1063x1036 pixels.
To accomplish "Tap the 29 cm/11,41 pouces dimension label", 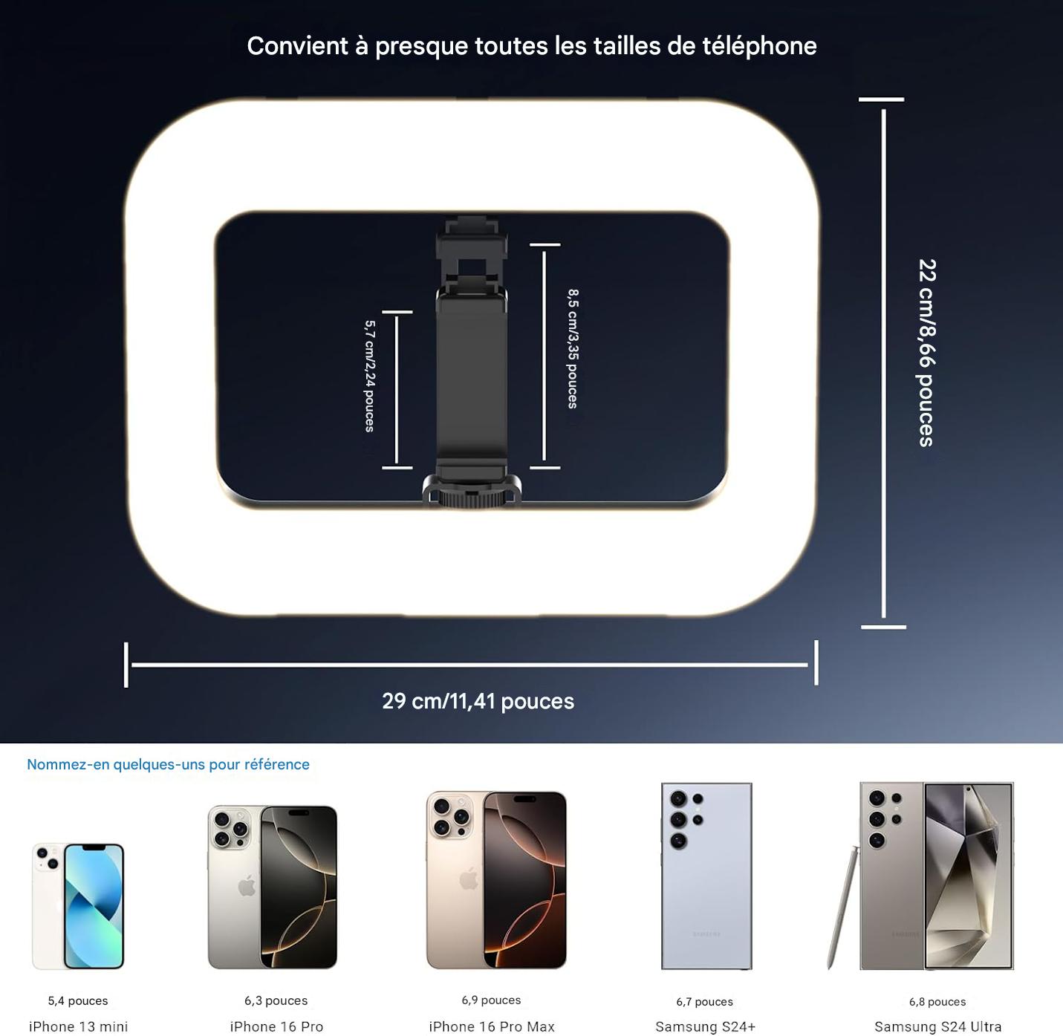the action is click(478, 701).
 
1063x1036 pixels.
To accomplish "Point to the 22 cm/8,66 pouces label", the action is click(927, 353).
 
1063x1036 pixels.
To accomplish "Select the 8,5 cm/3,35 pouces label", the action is click(573, 349).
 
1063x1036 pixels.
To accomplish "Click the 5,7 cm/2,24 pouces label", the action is click(370, 377).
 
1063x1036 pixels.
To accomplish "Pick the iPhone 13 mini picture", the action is click(78, 906).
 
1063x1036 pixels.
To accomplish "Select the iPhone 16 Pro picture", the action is click(272, 887).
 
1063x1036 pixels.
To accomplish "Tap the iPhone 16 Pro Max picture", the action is click(496, 880).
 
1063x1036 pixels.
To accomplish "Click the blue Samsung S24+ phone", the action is click(706, 876).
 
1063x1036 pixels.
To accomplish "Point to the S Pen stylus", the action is click(842, 907).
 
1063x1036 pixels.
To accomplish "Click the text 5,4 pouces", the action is click(78, 1000).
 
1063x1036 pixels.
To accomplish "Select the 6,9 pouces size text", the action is click(491, 1000).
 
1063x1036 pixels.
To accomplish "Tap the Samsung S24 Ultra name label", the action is click(938, 1026).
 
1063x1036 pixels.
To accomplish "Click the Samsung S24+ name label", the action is click(705, 1026).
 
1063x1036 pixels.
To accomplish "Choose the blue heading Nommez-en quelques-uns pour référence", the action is click(168, 764).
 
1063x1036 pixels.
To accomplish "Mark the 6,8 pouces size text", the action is click(937, 1002).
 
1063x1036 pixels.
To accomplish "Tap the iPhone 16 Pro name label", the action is click(276, 1026).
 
